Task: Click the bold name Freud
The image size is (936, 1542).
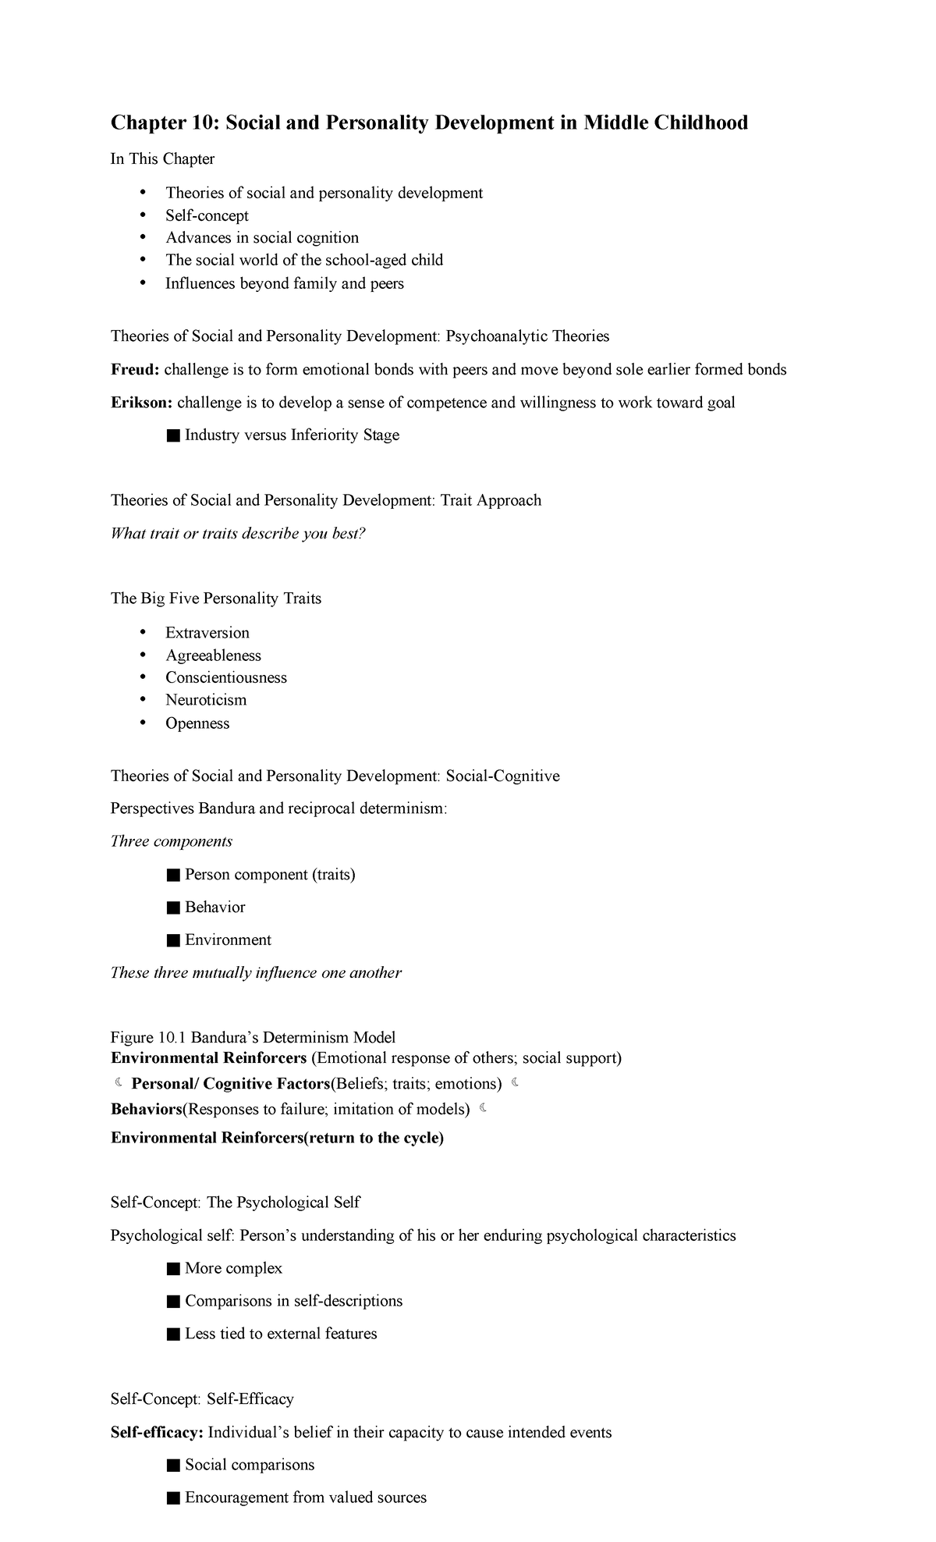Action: (134, 369)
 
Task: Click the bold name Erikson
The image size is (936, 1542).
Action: (141, 403)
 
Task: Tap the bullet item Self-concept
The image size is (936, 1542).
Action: (207, 215)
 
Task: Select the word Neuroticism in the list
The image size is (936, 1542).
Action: (206, 700)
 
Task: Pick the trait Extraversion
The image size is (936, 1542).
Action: (207, 633)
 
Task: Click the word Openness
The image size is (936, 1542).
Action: (197, 723)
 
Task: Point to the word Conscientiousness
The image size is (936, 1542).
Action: (226, 677)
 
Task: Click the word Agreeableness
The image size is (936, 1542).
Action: (213, 656)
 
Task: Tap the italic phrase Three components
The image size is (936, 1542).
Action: (172, 841)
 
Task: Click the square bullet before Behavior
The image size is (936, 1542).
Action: (173, 908)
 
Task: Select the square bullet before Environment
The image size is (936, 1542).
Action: (173, 940)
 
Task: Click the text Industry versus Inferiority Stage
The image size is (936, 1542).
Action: (292, 435)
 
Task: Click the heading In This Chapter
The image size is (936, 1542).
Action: (162, 159)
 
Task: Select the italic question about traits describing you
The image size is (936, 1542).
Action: (238, 534)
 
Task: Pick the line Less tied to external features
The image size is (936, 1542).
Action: (281, 1334)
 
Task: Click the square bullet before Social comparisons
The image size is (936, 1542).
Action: (173, 1466)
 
